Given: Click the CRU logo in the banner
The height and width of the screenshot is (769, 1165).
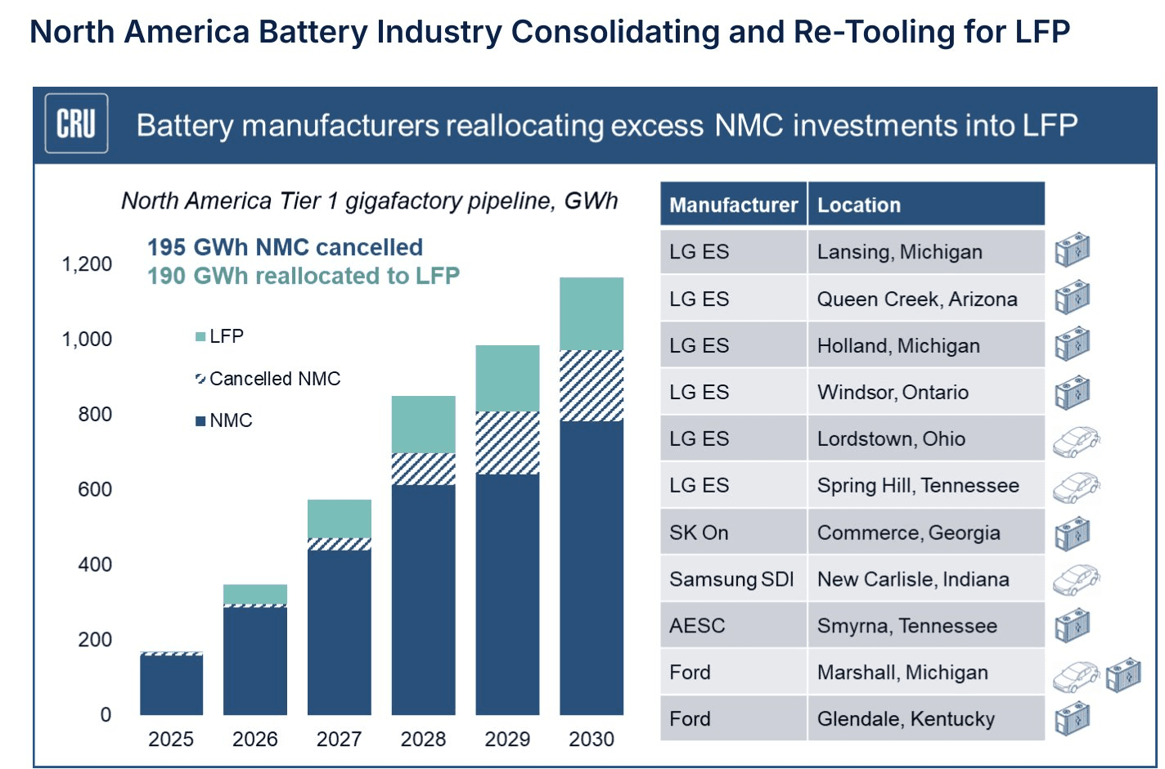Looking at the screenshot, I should point(76,124).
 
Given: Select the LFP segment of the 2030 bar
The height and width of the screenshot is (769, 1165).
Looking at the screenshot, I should point(591,313).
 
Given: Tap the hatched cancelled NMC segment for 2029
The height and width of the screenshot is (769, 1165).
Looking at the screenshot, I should point(507,443).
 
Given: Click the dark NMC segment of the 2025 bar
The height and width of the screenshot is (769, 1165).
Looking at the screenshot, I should point(171,686).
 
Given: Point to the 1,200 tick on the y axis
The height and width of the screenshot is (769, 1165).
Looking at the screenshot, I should point(87,264).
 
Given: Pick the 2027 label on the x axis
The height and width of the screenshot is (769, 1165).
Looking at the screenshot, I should point(339,740).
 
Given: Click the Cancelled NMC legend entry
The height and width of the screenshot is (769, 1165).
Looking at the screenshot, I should point(268,379).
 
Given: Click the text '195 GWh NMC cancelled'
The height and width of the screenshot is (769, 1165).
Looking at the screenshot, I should point(285,247).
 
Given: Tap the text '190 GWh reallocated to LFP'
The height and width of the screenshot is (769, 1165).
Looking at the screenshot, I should point(304,276).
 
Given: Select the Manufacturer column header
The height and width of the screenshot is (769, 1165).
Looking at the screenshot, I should point(733,205).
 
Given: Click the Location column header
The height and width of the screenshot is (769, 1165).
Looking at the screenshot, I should point(859,205).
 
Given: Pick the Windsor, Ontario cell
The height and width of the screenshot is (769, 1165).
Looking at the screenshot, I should point(893,393).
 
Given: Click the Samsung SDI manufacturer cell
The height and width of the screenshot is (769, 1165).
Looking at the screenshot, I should point(731,579).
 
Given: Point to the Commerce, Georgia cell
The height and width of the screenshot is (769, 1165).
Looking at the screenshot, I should point(908,533).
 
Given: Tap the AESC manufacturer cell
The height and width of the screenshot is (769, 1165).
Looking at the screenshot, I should point(697,626).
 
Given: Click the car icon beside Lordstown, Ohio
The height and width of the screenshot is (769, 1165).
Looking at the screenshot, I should point(1075,441).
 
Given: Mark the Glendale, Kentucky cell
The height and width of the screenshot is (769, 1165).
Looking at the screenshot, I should point(906,719).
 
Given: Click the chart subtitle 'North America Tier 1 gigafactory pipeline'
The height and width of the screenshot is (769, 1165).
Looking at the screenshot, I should point(369,201).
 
